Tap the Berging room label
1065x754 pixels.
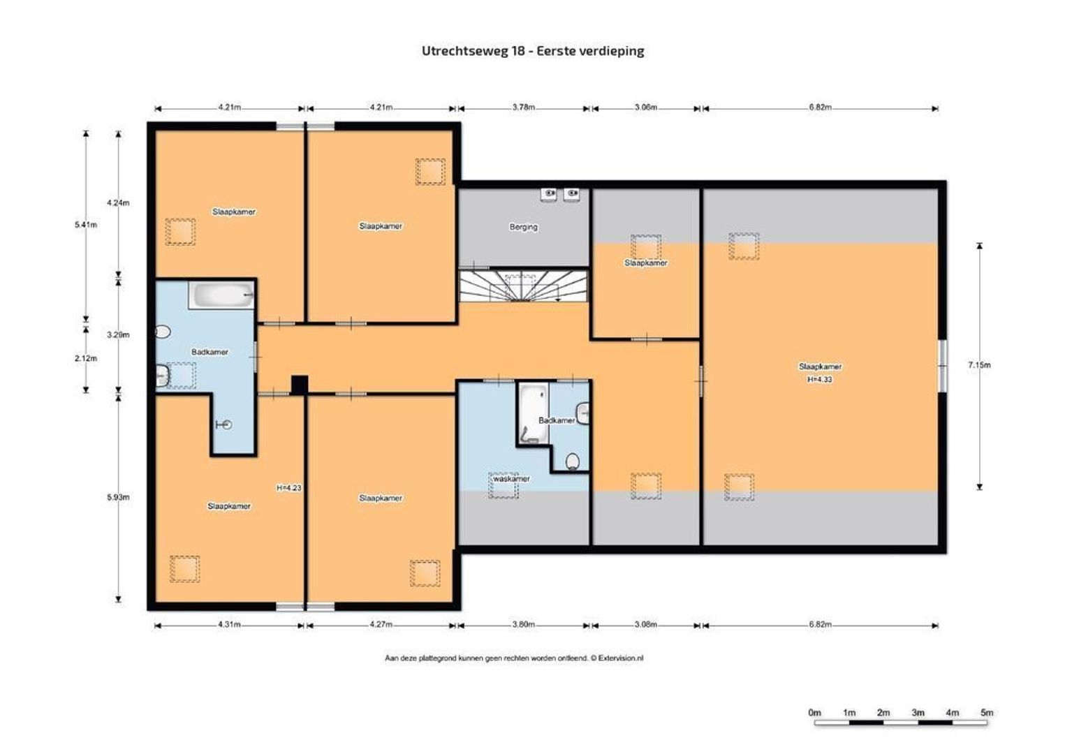click(523, 227)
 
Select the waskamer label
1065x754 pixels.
click(511, 479)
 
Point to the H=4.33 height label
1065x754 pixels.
click(820, 380)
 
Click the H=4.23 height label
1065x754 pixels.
click(288, 488)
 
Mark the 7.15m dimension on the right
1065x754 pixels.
click(979, 364)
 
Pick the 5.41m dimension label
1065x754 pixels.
click(86, 225)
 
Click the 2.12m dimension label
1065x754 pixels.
click(86, 358)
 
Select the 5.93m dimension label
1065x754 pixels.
click(118, 497)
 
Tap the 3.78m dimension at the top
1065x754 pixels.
click(523, 108)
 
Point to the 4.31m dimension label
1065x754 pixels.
click(228, 625)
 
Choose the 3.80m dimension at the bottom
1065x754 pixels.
click(523, 625)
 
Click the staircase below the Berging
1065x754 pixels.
click(523, 286)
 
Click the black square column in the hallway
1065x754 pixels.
click(299, 385)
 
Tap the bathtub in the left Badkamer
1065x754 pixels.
click(221, 296)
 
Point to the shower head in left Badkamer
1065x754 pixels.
click(226, 424)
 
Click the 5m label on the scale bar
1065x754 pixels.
click(986, 713)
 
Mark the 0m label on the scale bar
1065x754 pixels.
click(814, 713)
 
